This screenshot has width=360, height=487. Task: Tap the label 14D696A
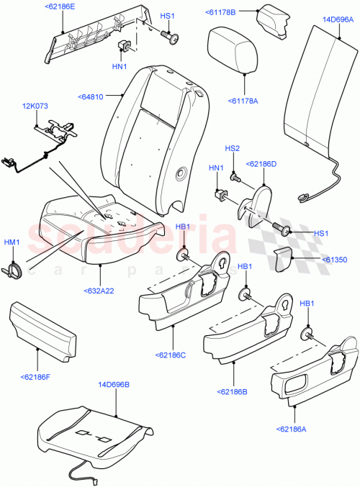(338, 19)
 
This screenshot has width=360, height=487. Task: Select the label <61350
(336, 258)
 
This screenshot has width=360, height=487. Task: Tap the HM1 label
(13, 242)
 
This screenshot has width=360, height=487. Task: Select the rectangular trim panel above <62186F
(42, 330)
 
